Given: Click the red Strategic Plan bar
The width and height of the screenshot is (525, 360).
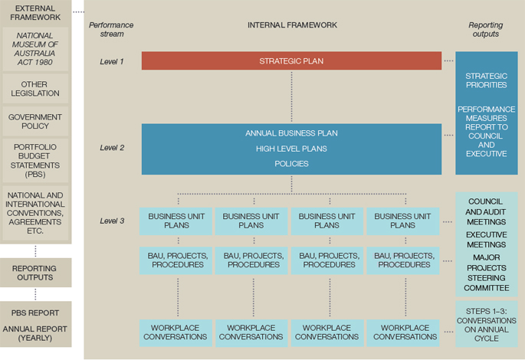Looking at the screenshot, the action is (291, 61).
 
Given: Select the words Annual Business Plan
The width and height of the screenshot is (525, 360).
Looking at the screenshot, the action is (291, 133).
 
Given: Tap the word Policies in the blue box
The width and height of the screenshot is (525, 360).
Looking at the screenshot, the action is (291, 164).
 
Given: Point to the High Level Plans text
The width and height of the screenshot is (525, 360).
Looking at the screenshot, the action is (291, 149).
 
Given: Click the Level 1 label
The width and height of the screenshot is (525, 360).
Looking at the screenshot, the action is (112, 61).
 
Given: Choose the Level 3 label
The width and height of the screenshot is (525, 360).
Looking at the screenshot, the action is (112, 221).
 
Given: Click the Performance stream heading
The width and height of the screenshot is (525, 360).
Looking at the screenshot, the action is (111, 29).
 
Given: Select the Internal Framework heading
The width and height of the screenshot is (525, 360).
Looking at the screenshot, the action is (292, 25).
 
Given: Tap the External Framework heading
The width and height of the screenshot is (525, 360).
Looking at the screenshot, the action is (35, 13).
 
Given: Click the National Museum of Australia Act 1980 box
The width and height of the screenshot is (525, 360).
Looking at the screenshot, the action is (35, 49).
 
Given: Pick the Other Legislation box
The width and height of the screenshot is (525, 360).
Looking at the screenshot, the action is (35, 89).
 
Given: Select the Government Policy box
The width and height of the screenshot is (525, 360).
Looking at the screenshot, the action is (35, 122).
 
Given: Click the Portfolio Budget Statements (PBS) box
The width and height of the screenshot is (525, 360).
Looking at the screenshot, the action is (35, 161).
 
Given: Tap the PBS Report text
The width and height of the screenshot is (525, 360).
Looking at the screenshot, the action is (35, 313).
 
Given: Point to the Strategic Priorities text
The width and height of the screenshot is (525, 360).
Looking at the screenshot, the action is (486, 80).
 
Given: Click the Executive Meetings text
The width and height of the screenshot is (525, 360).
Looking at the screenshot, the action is (486, 240).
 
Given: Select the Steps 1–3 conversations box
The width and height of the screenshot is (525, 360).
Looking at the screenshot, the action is (487, 324).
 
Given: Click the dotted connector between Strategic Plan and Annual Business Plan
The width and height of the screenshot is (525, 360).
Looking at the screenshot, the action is (292, 97).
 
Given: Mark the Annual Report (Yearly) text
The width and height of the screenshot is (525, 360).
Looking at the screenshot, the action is (35, 333).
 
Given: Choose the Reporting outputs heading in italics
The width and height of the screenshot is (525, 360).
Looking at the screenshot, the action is (485, 29).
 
